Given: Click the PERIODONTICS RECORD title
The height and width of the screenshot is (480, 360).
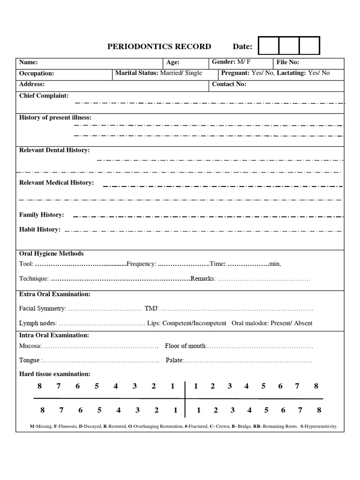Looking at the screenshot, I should coord(159,46).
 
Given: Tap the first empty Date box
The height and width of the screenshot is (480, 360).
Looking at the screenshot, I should coord(268,46).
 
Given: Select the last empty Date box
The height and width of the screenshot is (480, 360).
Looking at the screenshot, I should coord(309,46).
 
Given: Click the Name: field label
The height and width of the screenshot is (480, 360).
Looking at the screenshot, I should coord(29,62).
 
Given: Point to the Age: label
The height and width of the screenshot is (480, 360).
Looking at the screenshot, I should coord(173,62).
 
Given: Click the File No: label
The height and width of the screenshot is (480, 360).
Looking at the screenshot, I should coord(287,62).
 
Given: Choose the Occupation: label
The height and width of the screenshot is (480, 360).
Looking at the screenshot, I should coord(37,74).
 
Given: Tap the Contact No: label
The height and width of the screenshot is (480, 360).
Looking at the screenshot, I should coord(229,84).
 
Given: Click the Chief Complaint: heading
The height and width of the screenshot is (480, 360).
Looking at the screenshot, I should coord(44,96).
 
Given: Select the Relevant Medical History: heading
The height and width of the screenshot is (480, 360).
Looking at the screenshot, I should coord(56,182).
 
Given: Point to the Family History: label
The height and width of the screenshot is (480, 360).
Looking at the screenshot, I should coord(41,215).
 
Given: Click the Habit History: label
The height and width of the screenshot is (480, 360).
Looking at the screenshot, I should coord(39,229).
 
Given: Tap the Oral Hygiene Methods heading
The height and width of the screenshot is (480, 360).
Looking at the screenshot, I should coord(51,254).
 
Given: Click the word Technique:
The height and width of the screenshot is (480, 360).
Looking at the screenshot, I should coord(34,278).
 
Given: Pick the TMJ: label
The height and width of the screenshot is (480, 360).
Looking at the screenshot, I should coord(152,308).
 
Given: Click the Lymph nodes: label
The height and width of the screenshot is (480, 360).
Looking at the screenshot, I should coord(38,323).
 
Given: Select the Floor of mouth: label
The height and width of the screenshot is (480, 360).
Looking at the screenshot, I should coord(186,346).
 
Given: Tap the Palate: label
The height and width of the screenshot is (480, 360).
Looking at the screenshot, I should coord(175,360).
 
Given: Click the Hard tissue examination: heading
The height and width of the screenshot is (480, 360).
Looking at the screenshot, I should coord(55,374).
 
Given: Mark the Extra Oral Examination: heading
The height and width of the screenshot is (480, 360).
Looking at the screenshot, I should coord(55,294).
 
